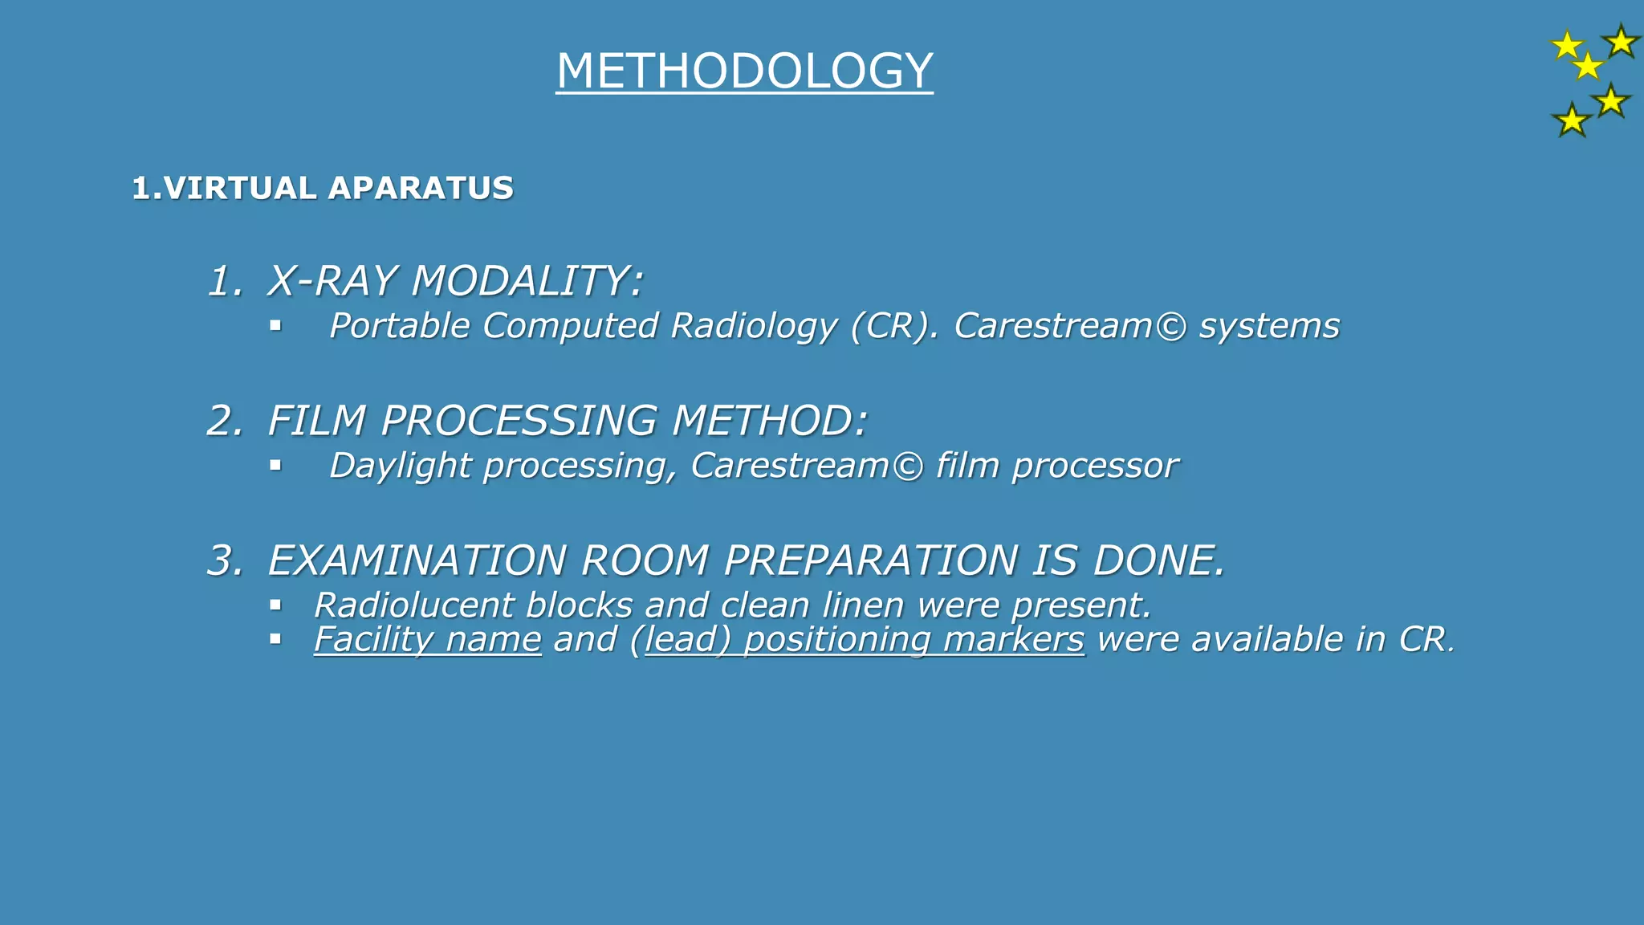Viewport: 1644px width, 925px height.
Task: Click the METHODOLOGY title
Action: point(744,71)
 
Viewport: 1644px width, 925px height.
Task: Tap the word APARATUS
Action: point(421,189)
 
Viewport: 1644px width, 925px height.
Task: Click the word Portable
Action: point(399,326)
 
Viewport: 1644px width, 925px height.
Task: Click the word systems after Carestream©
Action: point(1269,326)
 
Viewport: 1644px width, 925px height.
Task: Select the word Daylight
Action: point(399,467)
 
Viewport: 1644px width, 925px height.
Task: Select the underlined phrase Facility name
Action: point(427,640)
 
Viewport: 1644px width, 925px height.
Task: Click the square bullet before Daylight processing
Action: point(275,465)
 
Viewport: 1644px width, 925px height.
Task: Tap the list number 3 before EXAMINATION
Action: point(224,560)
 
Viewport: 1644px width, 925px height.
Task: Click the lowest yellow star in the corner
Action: point(1571,121)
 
